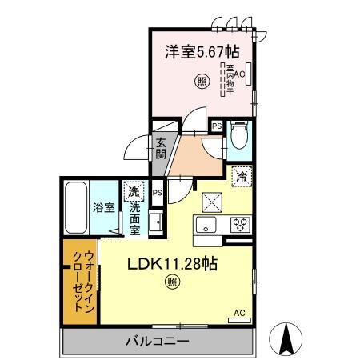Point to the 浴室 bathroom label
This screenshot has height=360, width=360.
click(x=104, y=206)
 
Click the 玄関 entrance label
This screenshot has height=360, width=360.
click(x=160, y=150)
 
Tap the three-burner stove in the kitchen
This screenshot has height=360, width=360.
click(x=240, y=224)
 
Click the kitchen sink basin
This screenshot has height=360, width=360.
click(x=206, y=225)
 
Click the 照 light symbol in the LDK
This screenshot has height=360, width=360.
click(x=172, y=280)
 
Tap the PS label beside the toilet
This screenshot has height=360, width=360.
click(x=216, y=126)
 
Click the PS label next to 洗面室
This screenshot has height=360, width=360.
click(x=158, y=193)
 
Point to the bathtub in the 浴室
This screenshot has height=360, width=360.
click(x=76, y=206)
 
